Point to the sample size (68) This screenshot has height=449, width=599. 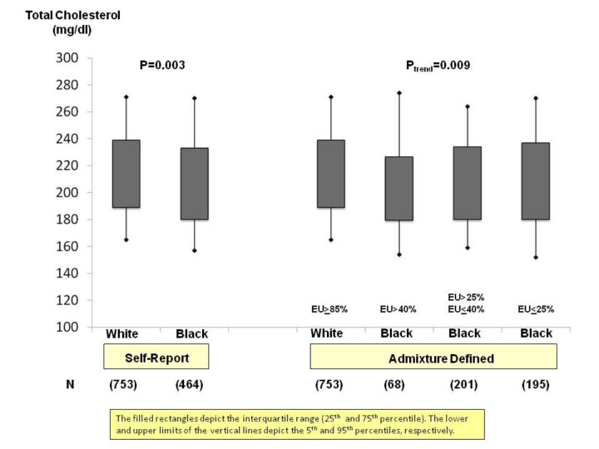click(397, 385)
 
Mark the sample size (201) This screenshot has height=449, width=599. click(466, 385)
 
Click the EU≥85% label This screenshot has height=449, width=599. click(328, 309)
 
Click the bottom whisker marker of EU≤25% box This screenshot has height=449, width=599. click(535, 257)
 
